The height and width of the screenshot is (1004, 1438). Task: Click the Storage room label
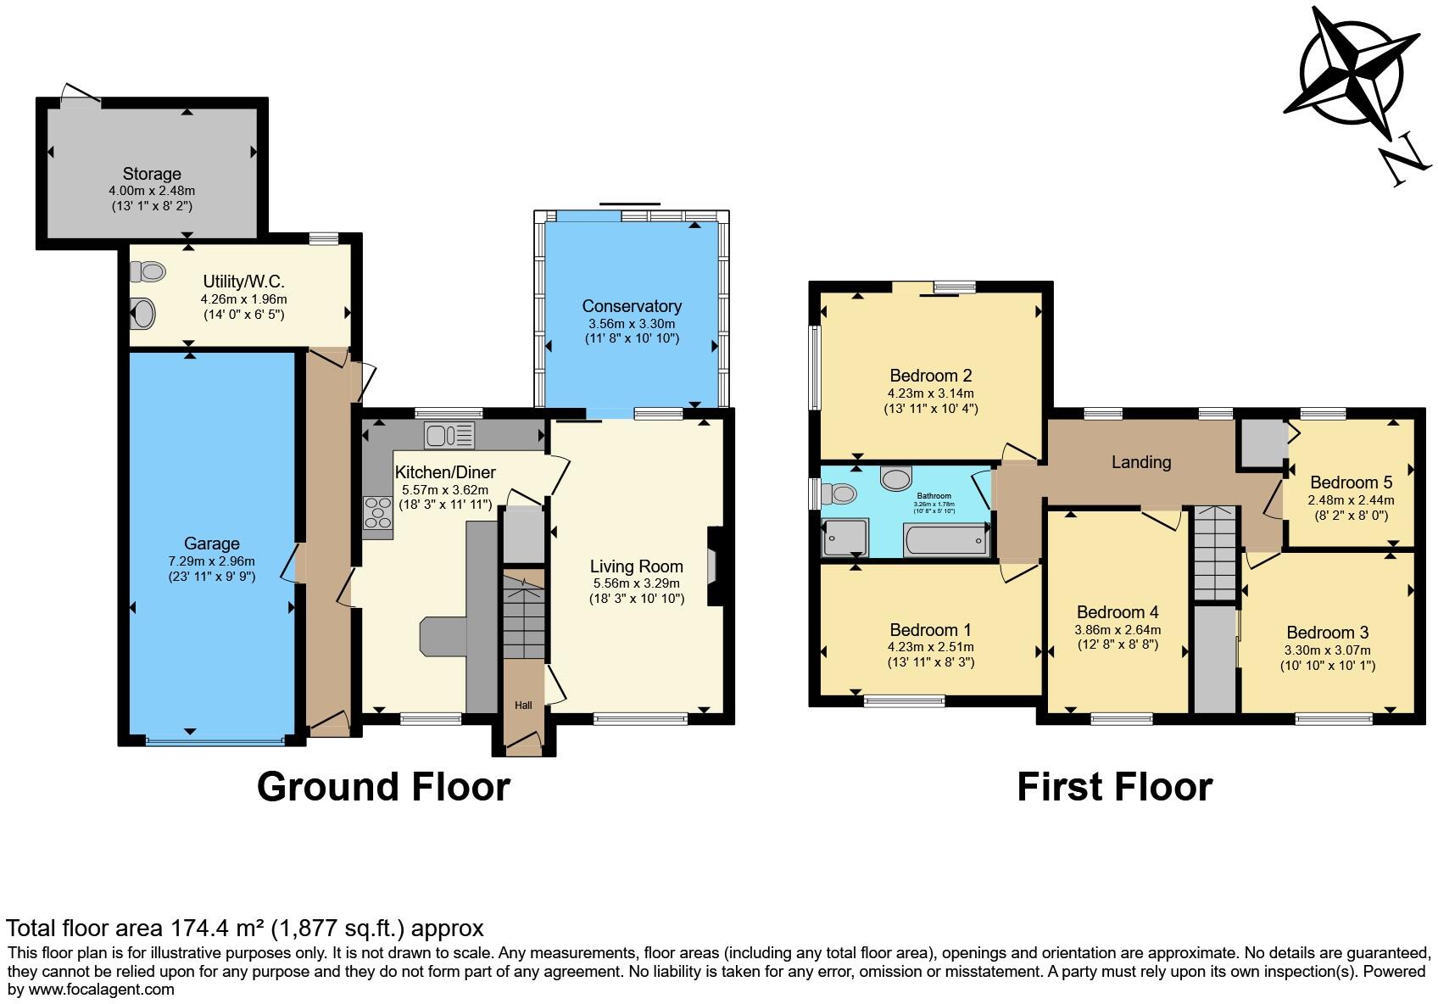point(152,174)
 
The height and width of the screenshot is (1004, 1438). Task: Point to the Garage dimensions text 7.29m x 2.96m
point(211,561)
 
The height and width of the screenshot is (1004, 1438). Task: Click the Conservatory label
point(632,306)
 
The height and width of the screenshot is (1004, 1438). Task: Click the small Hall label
point(523,705)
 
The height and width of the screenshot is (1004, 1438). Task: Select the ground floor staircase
point(523,616)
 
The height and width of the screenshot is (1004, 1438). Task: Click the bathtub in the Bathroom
point(946,540)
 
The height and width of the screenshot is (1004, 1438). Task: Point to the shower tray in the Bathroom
point(844,538)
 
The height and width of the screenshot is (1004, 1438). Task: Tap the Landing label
point(1141,462)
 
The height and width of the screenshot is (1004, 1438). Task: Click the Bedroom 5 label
point(1351,482)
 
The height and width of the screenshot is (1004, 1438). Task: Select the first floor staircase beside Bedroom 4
point(1215,552)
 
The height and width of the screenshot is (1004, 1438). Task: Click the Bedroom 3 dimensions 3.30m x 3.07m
point(1327,650)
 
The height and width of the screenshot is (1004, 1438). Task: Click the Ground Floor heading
point(383,787)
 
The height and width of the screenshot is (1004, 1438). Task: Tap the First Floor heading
point(1114,787)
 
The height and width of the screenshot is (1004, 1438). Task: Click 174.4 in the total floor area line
point(201,928)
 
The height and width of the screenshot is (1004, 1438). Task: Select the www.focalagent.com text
point(101,989)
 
